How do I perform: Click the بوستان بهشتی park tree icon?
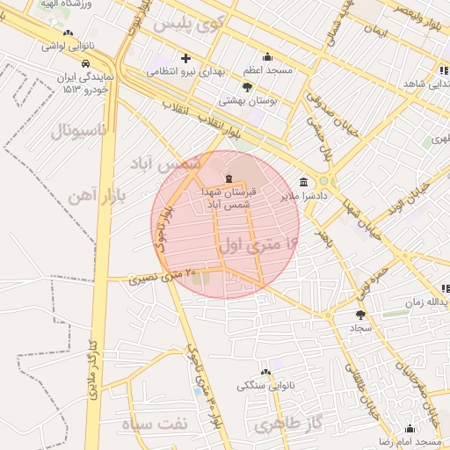point(247,87)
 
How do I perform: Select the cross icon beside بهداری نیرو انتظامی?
point(185,58)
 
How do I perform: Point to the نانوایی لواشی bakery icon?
point(69,33)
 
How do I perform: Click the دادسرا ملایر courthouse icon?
point(303,182)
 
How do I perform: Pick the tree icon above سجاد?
point(360,314)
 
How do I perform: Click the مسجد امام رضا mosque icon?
point(409,428)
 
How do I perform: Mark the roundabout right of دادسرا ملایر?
point(323,181)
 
